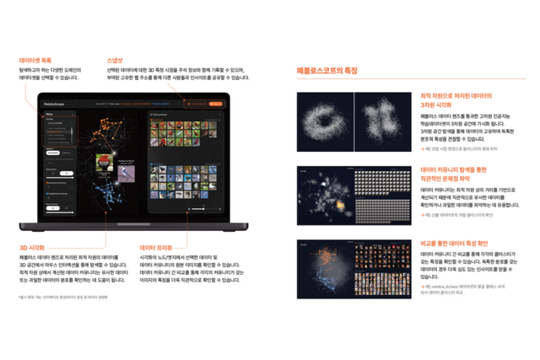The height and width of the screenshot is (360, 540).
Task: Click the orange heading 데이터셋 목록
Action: (35, 61)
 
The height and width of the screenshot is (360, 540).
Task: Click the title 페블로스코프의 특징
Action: (328, 71)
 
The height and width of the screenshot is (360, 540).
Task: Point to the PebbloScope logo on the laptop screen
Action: (56, 104)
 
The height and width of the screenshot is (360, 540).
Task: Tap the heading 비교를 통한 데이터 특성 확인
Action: (456, 243)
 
